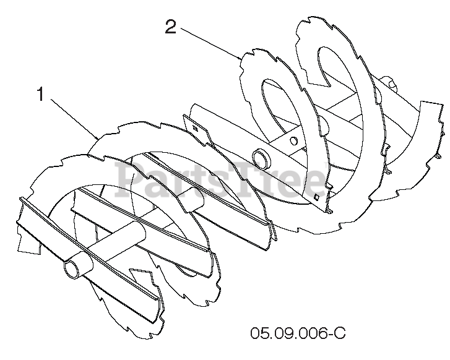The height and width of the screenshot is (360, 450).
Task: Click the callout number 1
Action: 41,95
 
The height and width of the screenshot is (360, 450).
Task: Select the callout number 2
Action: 171,27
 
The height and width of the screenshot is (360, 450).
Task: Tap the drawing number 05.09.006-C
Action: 298,334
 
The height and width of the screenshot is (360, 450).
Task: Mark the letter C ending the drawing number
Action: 338,334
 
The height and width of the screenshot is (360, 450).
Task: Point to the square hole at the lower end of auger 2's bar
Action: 316,197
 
